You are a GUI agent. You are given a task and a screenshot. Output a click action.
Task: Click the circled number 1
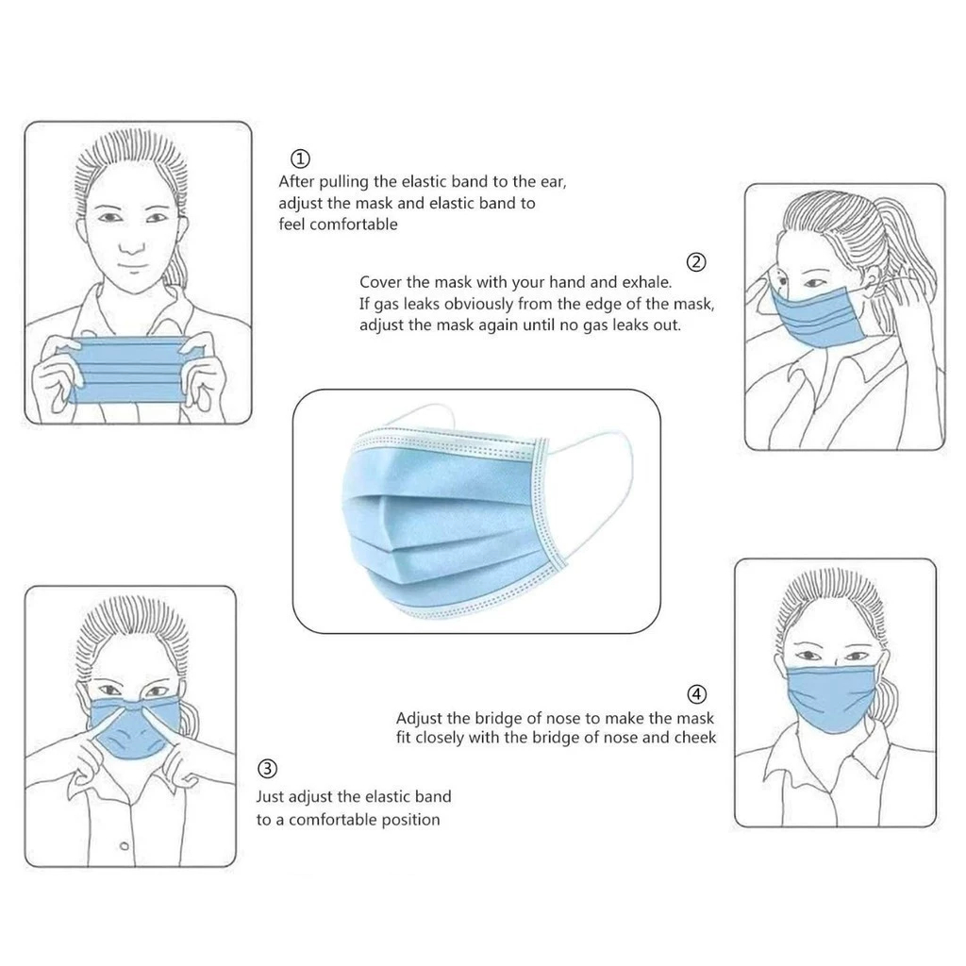pos(300,159)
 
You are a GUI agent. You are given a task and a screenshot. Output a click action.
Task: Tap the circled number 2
pos(696,262)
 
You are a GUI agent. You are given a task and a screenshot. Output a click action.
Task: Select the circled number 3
pos(267,769)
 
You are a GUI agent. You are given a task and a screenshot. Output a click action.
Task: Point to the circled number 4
pos(696,694)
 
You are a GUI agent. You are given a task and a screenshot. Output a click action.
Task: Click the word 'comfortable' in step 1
pos(354,225)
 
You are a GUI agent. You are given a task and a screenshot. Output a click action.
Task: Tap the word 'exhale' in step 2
pos(646,282)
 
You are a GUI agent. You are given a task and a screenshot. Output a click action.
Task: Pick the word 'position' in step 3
pos(410,820)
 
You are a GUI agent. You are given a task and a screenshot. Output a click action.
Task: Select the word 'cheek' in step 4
pos(694,738)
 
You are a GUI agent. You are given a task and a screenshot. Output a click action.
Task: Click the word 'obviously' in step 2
pos(478,305)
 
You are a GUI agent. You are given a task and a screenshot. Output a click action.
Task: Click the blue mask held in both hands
pos(131,370)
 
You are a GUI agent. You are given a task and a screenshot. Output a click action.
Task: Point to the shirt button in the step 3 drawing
pos(125,846)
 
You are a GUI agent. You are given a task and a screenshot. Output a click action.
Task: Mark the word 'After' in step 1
pos(297,182)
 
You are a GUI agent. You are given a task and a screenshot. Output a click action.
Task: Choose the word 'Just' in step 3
pos(270,796)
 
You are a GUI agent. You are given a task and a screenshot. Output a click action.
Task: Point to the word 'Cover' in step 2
pos(379,282)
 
